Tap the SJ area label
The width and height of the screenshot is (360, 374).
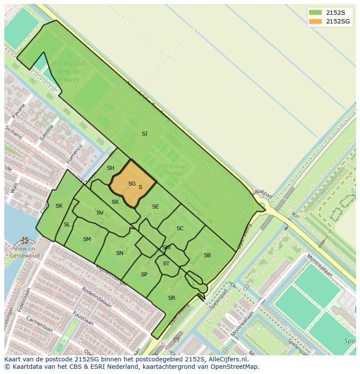(144, 134)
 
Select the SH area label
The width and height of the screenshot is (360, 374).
(110, 168)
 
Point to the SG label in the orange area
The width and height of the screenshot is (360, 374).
(132, 184)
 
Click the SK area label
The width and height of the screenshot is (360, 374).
(59, 206)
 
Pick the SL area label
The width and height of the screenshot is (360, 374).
(67, 225)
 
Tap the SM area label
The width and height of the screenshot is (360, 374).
(87, 239)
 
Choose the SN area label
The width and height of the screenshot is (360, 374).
(120, 253)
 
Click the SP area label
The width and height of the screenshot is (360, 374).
(144, 275)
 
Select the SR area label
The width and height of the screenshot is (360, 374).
(172, 298)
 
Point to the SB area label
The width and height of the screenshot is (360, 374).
(207, 255)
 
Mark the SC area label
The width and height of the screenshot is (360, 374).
(180, 228)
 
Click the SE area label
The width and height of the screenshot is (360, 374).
(155, 207)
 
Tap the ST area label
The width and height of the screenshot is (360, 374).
(166, 264)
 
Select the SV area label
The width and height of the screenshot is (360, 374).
(100, 213)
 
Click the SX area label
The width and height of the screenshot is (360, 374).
(115, 202)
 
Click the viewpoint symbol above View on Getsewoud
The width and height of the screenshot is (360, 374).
(24, 240)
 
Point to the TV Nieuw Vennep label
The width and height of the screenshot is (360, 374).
(173, 170)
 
